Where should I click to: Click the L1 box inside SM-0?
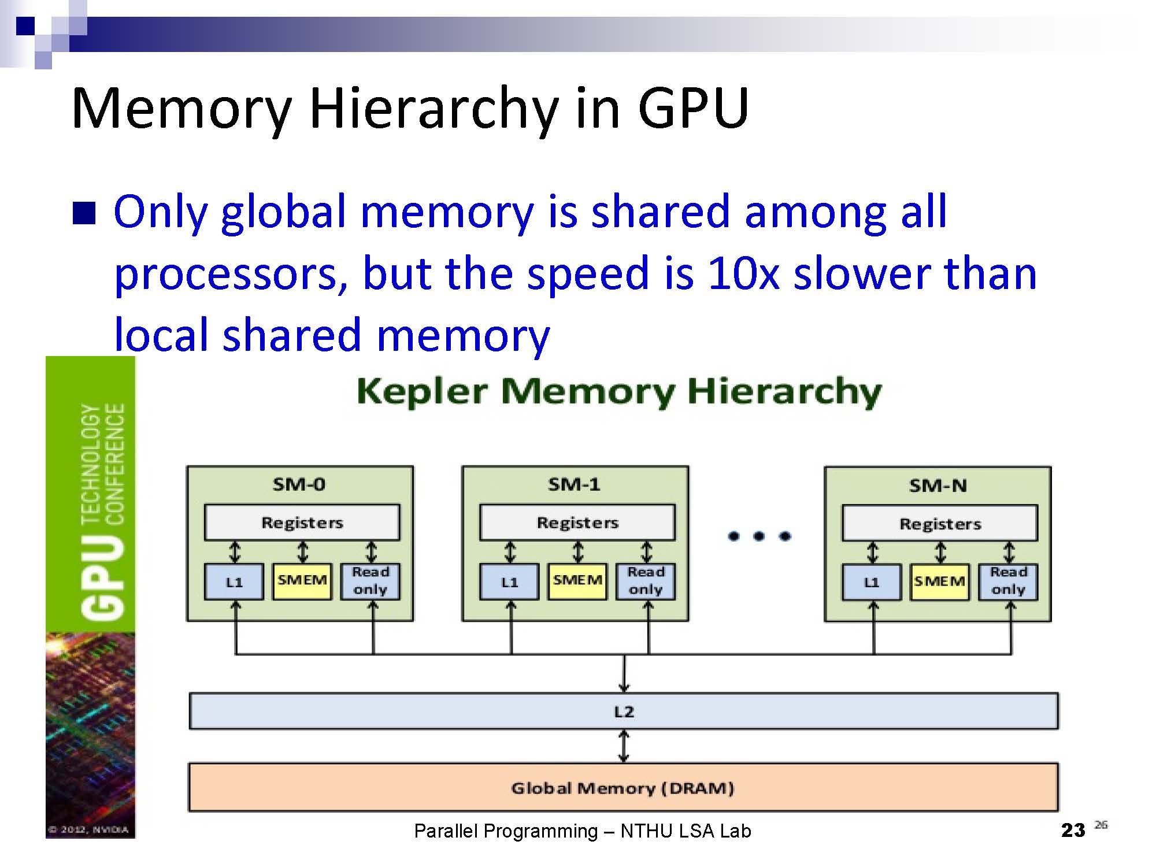[x=234, y=581]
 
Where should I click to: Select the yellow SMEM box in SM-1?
[x=577, y=581]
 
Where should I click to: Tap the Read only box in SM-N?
[x=1008, y=581]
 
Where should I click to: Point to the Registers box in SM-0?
[x=302, y=523]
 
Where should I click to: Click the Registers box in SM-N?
[x=940, y=524]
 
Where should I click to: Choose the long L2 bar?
[x=624, y=711]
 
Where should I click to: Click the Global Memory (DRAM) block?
[x=623, y=788]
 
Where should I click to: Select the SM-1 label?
[x=574, y=484]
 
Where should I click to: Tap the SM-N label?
[x=938, y=486]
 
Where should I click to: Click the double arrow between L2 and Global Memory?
[x=624, y=746]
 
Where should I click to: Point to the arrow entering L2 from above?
[x=624, y=673]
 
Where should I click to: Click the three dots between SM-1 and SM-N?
[x=759, y=536]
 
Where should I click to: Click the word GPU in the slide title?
[x=693, y=108]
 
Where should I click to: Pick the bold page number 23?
[x=1073, y=831]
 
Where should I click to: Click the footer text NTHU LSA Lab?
[x=686, y=831]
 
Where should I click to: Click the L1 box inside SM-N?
[x=872, y=582]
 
